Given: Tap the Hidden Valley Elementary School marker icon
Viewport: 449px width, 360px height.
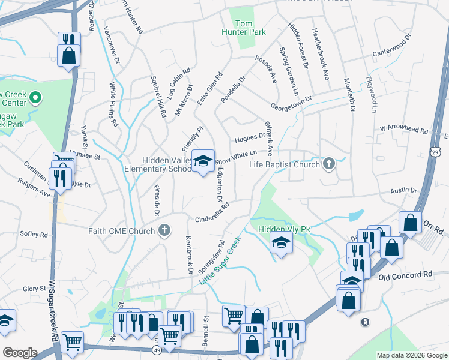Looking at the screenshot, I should (x=203, y=160).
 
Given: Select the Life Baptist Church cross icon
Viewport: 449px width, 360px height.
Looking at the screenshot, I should (x=328, y=163).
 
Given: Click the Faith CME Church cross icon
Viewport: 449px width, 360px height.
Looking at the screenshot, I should (x=164, y=230).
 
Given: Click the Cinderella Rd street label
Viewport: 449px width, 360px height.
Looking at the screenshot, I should (x=212, y=213).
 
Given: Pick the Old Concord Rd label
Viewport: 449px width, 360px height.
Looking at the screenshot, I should (x=405, y=275).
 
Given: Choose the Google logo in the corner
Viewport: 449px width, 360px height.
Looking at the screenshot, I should (x=20, y=352).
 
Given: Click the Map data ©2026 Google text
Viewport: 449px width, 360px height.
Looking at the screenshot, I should (x=411, y=355).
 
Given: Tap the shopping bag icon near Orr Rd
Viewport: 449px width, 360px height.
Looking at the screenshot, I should (x=411, y=223).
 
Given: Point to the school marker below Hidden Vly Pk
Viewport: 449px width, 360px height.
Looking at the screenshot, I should (x=280, y=244).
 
